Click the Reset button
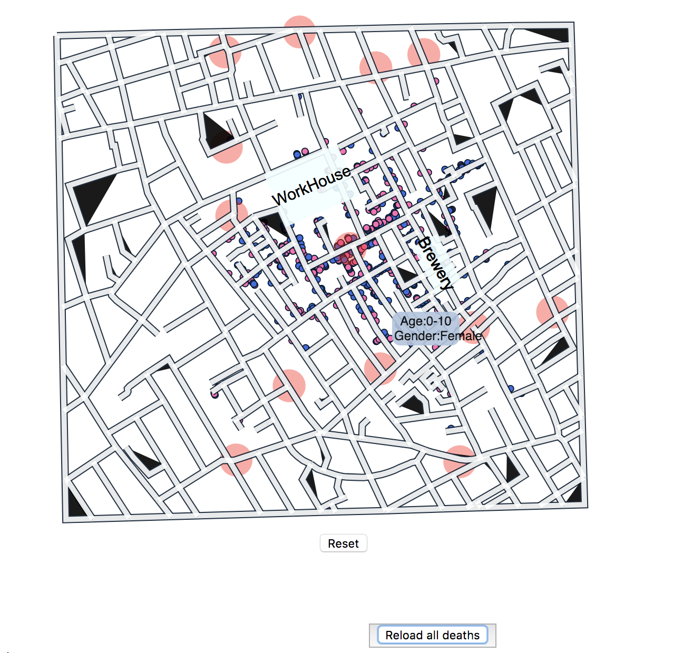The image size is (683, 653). click(343, 543)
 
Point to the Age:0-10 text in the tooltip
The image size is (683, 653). click(426, 321)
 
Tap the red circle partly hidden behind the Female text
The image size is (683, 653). click(476, 328)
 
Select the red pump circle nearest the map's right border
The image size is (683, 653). click(552, 312)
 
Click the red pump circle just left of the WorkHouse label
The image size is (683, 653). click(231, 215)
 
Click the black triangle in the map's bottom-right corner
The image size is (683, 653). click(575, 494)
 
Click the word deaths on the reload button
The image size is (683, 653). click(461, 635)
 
